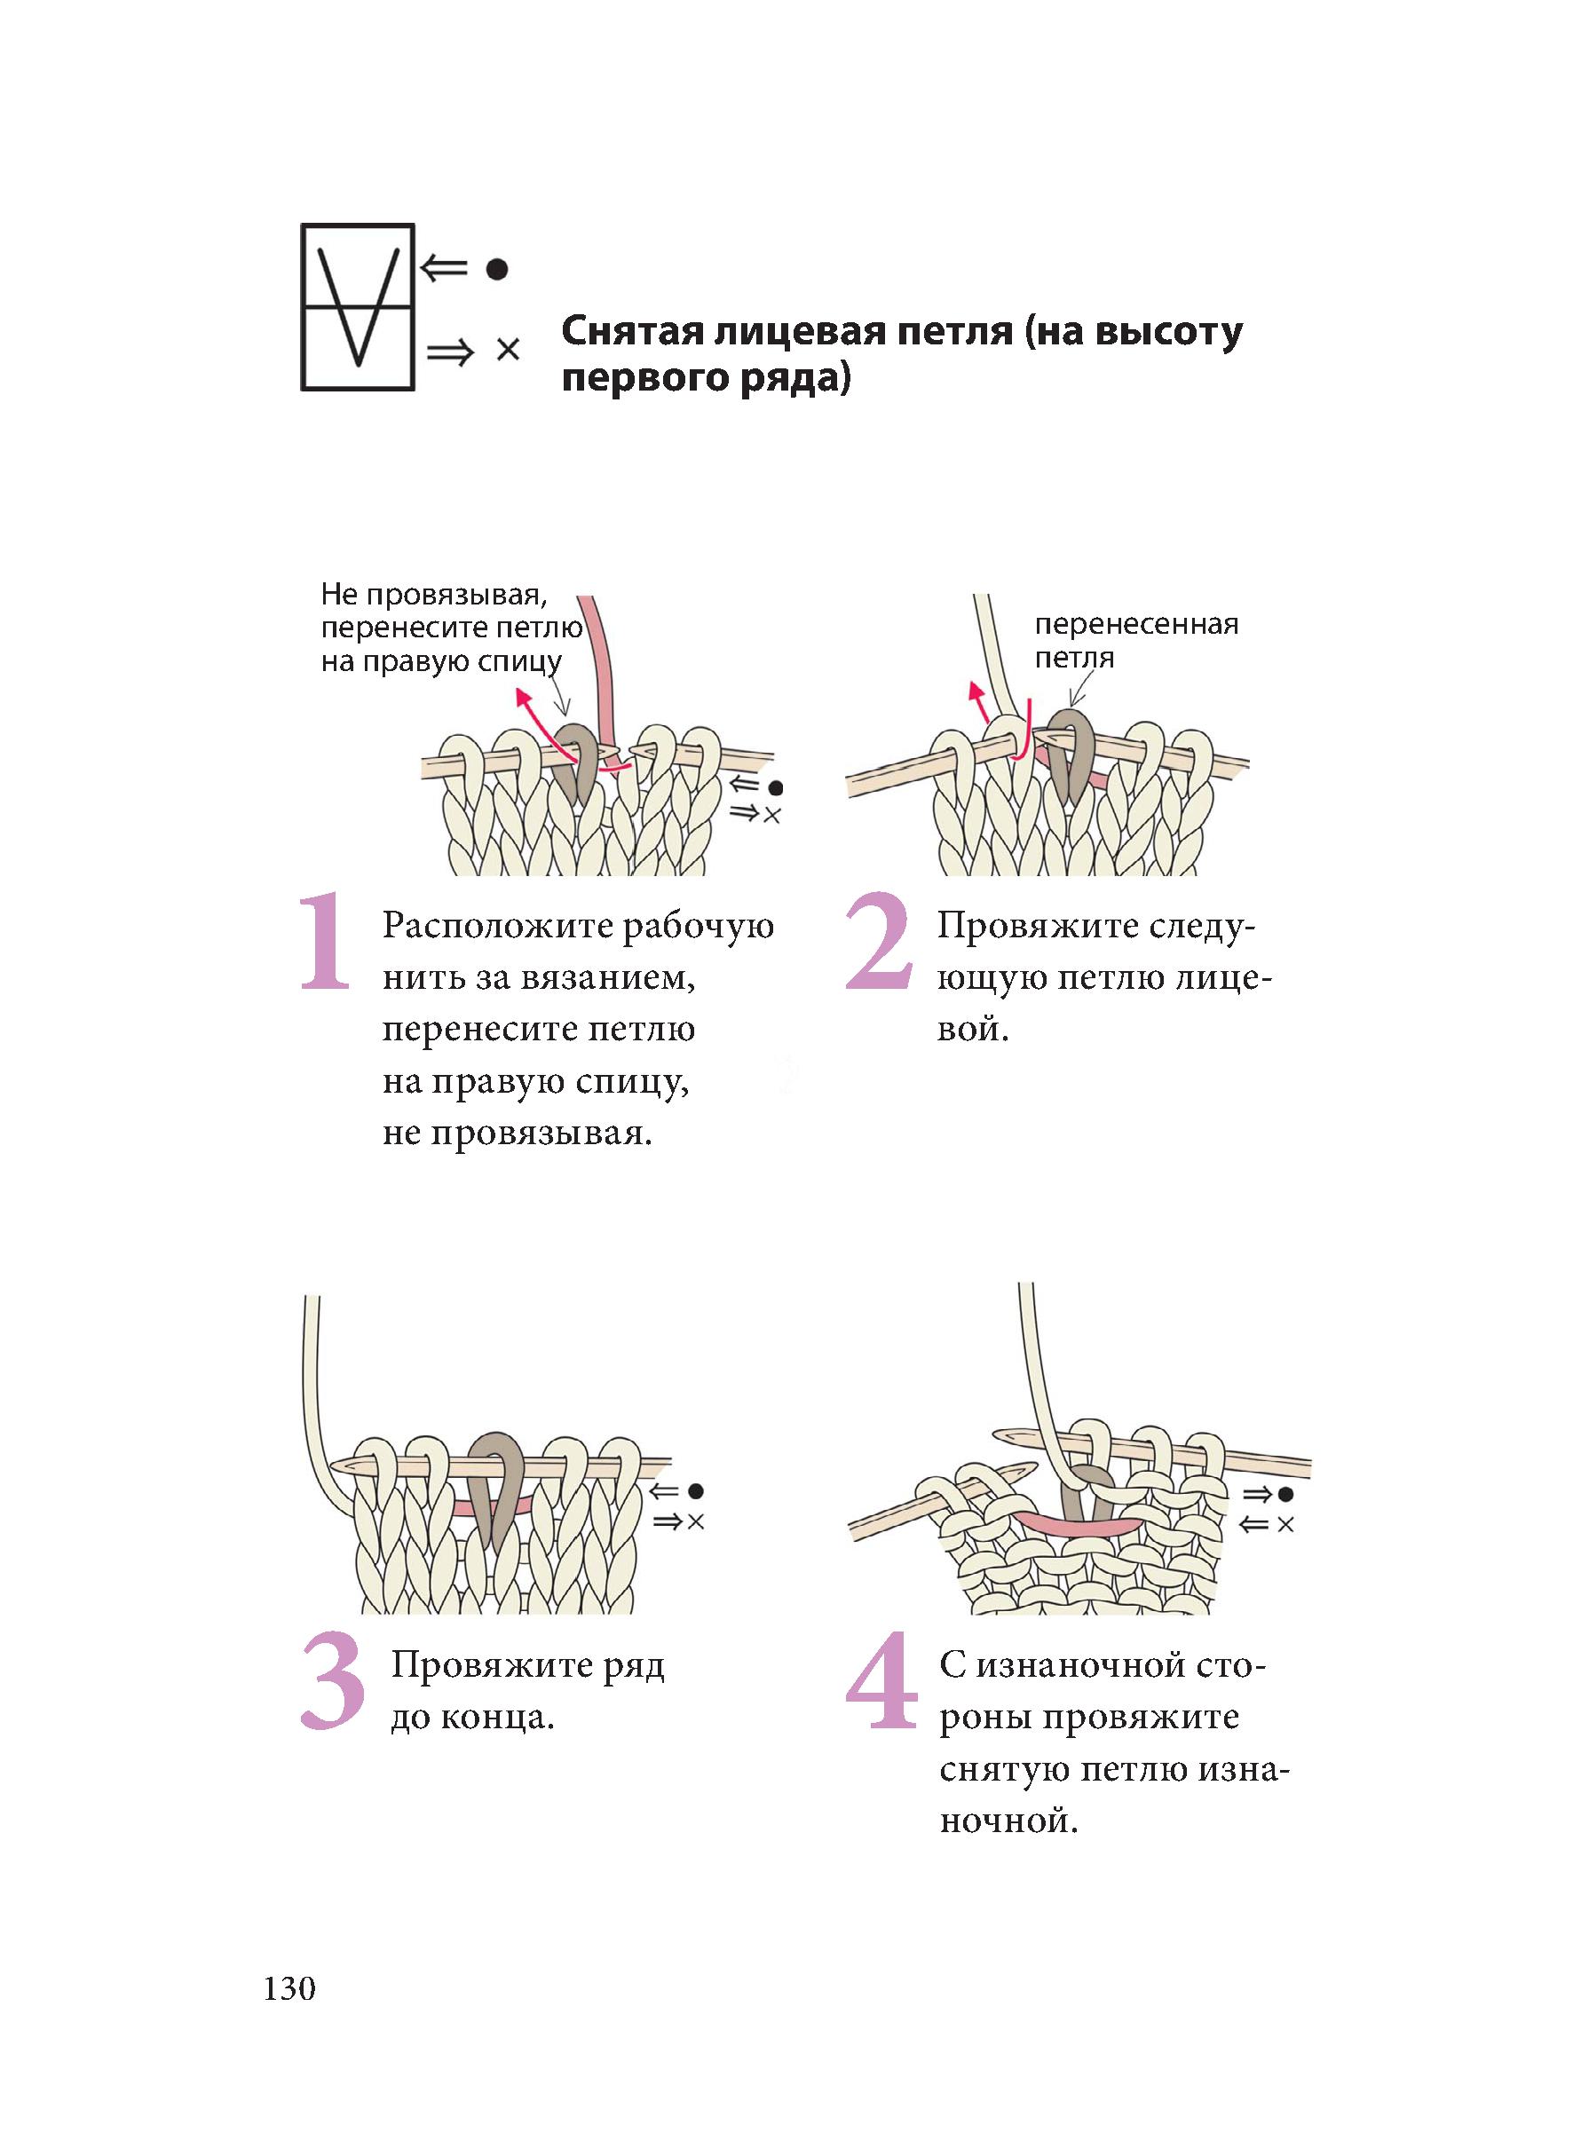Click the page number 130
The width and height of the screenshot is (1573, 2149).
[x=289, y=1988]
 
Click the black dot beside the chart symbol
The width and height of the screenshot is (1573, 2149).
[x=496, y=270]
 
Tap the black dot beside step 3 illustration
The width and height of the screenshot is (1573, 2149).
[x=696, y=1491]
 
